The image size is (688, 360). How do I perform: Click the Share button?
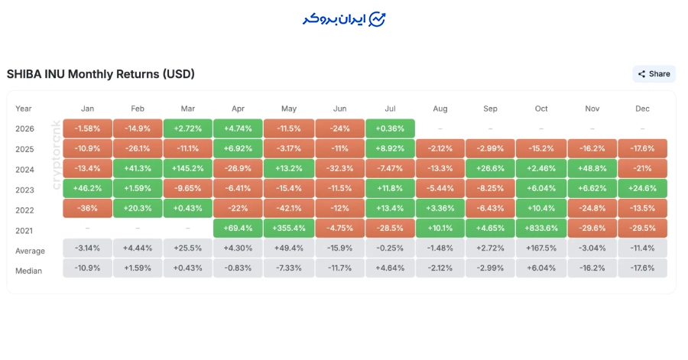(x=654, y=74)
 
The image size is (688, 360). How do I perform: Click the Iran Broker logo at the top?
(x=344, y=19)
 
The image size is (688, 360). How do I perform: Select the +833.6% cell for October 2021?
(x=541, y=228)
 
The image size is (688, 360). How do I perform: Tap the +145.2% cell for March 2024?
(x=188, y=168)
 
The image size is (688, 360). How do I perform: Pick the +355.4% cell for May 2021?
(x=289, y=228)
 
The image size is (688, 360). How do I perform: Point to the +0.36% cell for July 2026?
(x=390, y=128)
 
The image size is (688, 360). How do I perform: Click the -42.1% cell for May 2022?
(x=289, y=209)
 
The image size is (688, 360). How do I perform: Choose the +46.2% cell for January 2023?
(x=87, y=188)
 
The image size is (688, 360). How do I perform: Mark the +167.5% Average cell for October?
(x=541, y=248)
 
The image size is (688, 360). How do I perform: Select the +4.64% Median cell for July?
(x=390, y=268)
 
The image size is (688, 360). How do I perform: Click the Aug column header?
(x=440, y=109)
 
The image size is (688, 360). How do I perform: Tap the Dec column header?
(x=642, y=109)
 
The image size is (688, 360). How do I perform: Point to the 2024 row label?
(x=24, y=170)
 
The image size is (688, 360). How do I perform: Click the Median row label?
(x=28, y=271)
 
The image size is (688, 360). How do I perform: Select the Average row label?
(x=30, y=251)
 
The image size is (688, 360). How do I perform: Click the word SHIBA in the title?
(x=24, y=74)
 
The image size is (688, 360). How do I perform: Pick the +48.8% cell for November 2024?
(x=592, y=168)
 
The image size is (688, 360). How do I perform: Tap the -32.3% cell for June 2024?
(x=339, y=168)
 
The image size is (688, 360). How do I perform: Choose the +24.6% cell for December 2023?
(x=642, y=188)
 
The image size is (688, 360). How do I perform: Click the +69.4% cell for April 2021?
(x=238, y=228)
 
